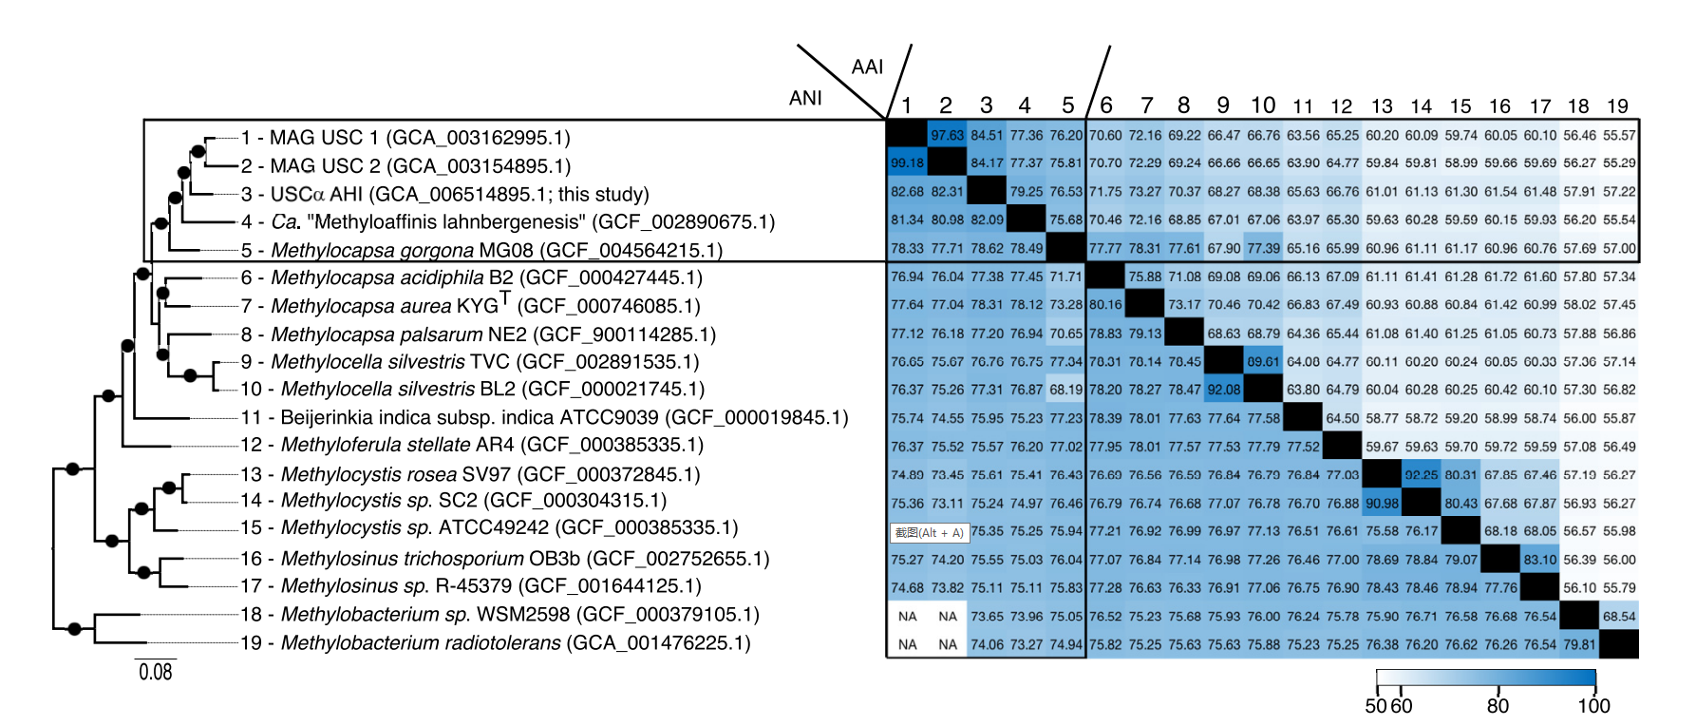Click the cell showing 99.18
907,162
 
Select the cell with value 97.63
947,135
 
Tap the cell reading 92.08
1224,390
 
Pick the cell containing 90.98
1382,503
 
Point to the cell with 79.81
1579,644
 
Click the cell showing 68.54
1619,616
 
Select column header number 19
1617,106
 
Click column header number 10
1262,105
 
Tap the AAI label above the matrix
867,67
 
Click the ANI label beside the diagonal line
805,98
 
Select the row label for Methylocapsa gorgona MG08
497,251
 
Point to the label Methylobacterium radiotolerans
516,643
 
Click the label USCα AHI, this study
460,195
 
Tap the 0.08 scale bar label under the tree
156,673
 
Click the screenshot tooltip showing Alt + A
929,532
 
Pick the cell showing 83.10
1539,560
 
